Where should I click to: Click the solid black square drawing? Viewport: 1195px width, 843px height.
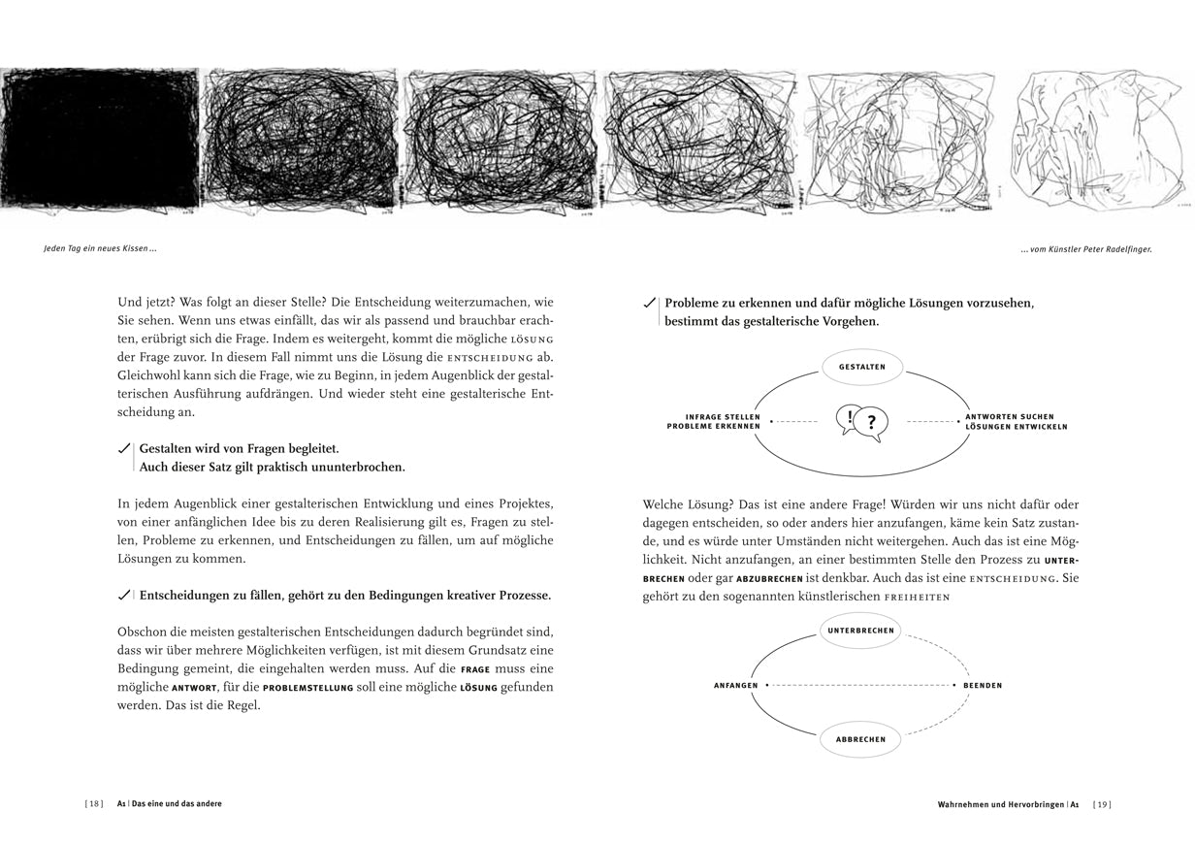99,138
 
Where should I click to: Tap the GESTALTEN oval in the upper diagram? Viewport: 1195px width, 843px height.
861,368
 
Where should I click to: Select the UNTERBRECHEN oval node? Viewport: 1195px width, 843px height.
860,631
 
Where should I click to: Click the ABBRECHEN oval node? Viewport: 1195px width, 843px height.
860,739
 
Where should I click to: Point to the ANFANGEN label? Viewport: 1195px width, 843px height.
736,686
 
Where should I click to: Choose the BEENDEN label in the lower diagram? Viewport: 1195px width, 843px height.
983,686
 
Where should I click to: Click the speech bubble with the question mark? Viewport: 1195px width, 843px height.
872,423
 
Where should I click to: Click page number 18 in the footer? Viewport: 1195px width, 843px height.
94,803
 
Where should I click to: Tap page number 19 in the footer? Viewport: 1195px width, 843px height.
1102,804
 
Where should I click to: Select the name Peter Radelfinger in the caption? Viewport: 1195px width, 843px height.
1116,249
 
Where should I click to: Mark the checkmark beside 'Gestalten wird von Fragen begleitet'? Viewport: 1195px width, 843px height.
124,449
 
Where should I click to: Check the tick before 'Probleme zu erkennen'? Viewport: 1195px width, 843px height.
649,304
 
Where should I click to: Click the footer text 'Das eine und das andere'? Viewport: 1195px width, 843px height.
177,803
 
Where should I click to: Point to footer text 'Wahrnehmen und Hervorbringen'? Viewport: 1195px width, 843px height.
1000,804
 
